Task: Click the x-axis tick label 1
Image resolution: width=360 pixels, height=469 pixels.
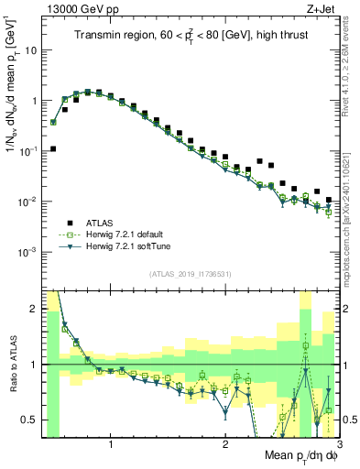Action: [111, 443]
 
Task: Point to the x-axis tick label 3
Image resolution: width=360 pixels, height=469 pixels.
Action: [338, 443]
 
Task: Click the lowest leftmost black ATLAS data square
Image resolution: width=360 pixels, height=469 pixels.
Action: [53, 148]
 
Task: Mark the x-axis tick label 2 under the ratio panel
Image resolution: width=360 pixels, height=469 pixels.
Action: [224, 443]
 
